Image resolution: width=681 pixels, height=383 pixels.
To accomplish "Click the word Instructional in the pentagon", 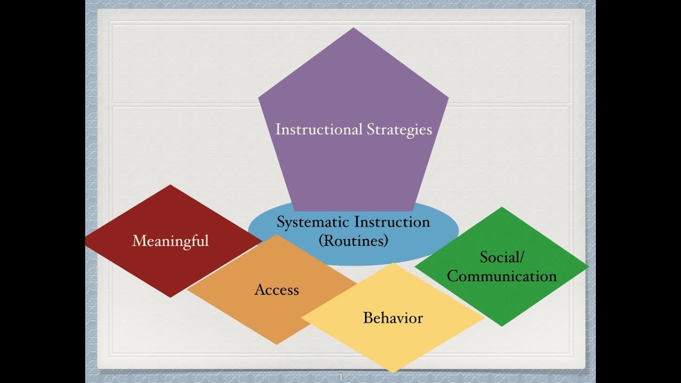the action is [x=319, y=129].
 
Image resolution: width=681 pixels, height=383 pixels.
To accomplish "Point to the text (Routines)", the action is [x=353, y=240].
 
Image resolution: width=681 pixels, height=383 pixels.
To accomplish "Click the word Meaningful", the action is [x=171, y=242].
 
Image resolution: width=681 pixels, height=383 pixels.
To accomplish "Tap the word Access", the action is [x=277, y=289].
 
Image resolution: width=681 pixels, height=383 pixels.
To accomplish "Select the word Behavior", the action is [x=393, y=318].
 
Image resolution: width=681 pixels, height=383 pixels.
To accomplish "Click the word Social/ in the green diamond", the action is [x=502, y=257].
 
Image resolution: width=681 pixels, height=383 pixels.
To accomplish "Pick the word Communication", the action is [x=502, y=276].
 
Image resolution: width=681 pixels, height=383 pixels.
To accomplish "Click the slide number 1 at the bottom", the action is [x=340, y=376].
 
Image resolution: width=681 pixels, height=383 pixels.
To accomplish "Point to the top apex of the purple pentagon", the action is [x=353, y=28].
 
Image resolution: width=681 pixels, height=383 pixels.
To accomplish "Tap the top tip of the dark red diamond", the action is [x=170, y=185].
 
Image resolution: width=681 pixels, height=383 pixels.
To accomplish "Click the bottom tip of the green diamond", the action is [x=502, y=327].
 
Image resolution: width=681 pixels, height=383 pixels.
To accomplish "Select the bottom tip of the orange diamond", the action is [x=276, y=344].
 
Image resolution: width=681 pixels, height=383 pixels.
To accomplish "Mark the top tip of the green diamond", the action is [x=502, y=207].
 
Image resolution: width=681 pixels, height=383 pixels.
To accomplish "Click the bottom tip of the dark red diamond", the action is [x=170, y=297].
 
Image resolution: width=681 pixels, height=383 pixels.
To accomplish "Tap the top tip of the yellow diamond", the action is [x=393, y=263].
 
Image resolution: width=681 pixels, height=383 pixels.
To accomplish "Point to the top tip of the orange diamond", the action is [x=276, y=235].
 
